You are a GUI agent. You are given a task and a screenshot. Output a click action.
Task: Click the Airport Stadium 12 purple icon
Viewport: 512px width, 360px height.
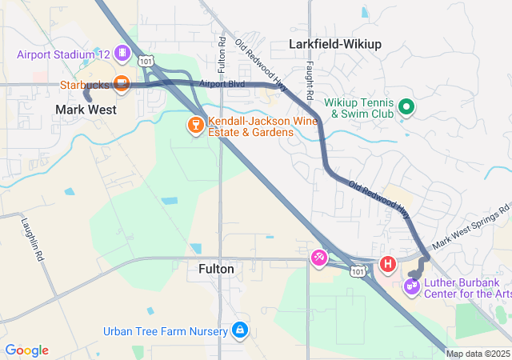pyautogui.click(x=122, y=54)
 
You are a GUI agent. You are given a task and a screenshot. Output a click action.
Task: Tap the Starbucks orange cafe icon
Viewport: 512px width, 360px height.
pyautogui.click(x=122, y=82)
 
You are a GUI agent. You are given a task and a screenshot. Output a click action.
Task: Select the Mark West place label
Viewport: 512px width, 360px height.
pyautogui.click(x=86, y=110)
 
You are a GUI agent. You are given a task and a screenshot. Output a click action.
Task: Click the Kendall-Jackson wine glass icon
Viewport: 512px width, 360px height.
pyautogui.click(x=194, y=124)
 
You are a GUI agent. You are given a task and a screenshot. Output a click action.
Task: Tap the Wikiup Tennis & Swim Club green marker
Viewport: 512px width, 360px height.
pyautogui.click(x=406, y=106)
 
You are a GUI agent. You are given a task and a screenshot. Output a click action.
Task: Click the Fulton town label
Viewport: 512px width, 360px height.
pyautogui.click(x=216, y=270)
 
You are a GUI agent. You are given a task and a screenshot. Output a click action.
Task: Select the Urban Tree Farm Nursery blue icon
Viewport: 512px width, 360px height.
pyautogui.click(x=239, y=330)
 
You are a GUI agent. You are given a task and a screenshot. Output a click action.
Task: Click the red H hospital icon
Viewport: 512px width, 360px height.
pyautogui.click(x=387, y=262)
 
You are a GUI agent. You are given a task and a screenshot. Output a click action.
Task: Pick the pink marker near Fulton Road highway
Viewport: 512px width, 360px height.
pyautogui.click(x=319, y=257)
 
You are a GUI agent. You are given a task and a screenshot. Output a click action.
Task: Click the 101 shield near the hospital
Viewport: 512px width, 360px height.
pyautogui.click(x=358, y=272)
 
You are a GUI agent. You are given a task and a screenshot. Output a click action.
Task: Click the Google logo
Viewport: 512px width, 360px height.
pyautogui.click(x=26, y=350)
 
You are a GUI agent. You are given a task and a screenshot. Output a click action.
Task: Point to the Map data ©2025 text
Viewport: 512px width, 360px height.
pyautogui.click(x=478, y=354)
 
